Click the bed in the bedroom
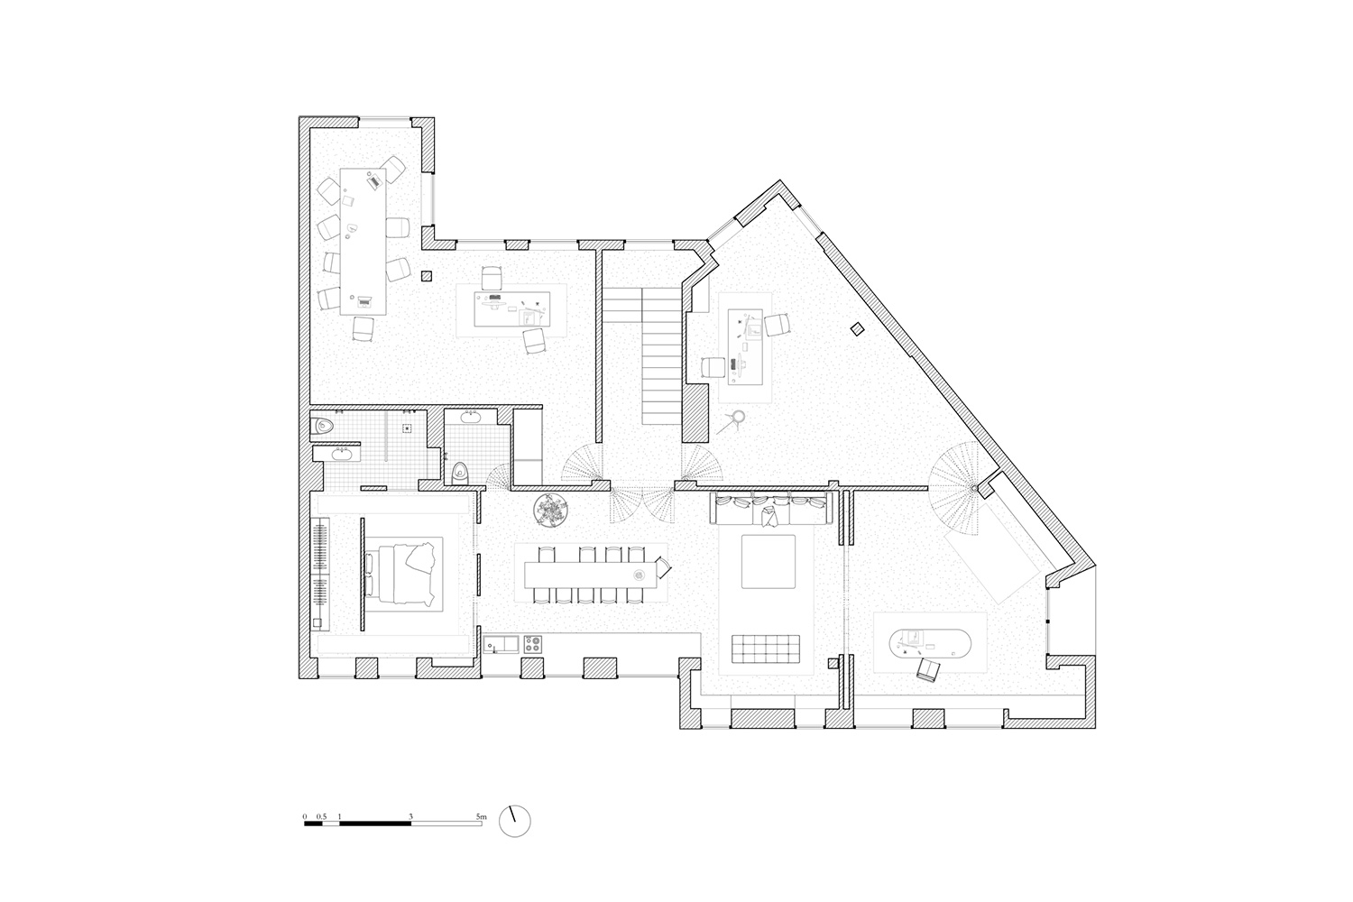pos(400,575)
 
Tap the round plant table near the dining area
pos(550,510)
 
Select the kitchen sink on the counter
pos(501,644)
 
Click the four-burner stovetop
pos(532,644)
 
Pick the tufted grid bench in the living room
pos(765,649)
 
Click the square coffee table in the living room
pos(769,561)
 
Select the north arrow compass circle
pos(515,821)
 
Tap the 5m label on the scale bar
pos(481,816)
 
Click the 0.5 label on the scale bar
pos(321,816)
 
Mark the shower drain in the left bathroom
pos(408,428)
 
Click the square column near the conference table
pos(427,276)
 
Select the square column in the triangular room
pos(857,329)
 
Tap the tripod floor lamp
pos(732,421)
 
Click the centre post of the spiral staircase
pos(973,488)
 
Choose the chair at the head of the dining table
pos(663,568)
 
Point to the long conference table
pos(363,241)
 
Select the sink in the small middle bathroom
pos(471,416)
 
